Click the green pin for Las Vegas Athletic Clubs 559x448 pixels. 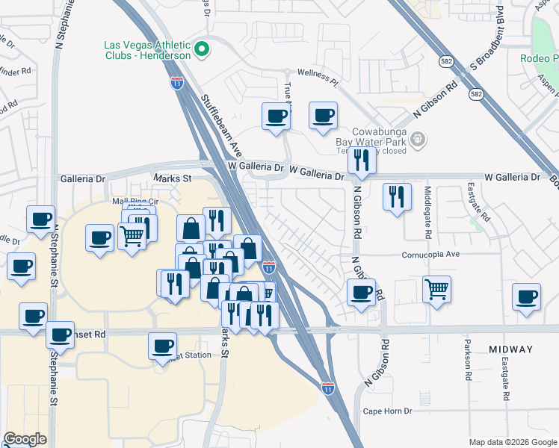(x=201, y=50)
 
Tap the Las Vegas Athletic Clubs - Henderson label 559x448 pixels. (x=147, y=49)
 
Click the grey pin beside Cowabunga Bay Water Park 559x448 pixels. (x=419, y=137)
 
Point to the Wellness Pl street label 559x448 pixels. (x=318, y=72)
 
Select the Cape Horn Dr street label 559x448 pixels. (x=388, y=411)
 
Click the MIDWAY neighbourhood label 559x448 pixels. (x=511, y=349)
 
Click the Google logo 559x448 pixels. (x=25, y=439)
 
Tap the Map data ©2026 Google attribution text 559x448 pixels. (x=513, y=442)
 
